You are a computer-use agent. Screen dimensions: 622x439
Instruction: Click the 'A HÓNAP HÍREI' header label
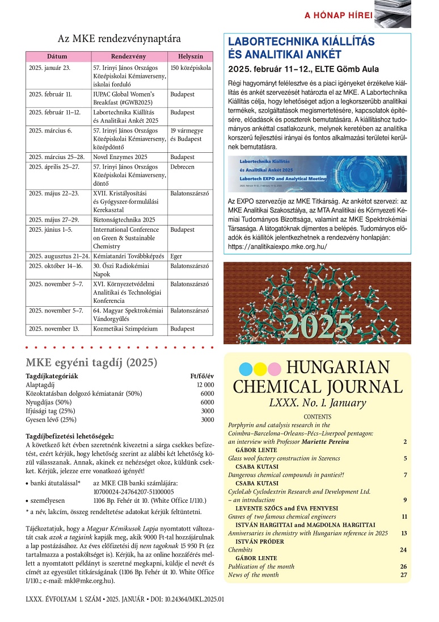coord(339,15)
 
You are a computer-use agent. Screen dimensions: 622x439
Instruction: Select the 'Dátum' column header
coord(58,57)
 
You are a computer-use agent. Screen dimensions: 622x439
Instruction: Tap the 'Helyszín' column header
coord(190,57)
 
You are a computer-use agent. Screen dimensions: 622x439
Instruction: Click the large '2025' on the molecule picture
coord(318,325)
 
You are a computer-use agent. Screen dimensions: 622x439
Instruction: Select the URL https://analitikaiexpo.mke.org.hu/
coord(277,247)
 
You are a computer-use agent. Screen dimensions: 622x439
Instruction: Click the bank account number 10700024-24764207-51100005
coord(133,492)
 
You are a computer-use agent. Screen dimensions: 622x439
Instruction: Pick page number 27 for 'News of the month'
coord(404,575)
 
